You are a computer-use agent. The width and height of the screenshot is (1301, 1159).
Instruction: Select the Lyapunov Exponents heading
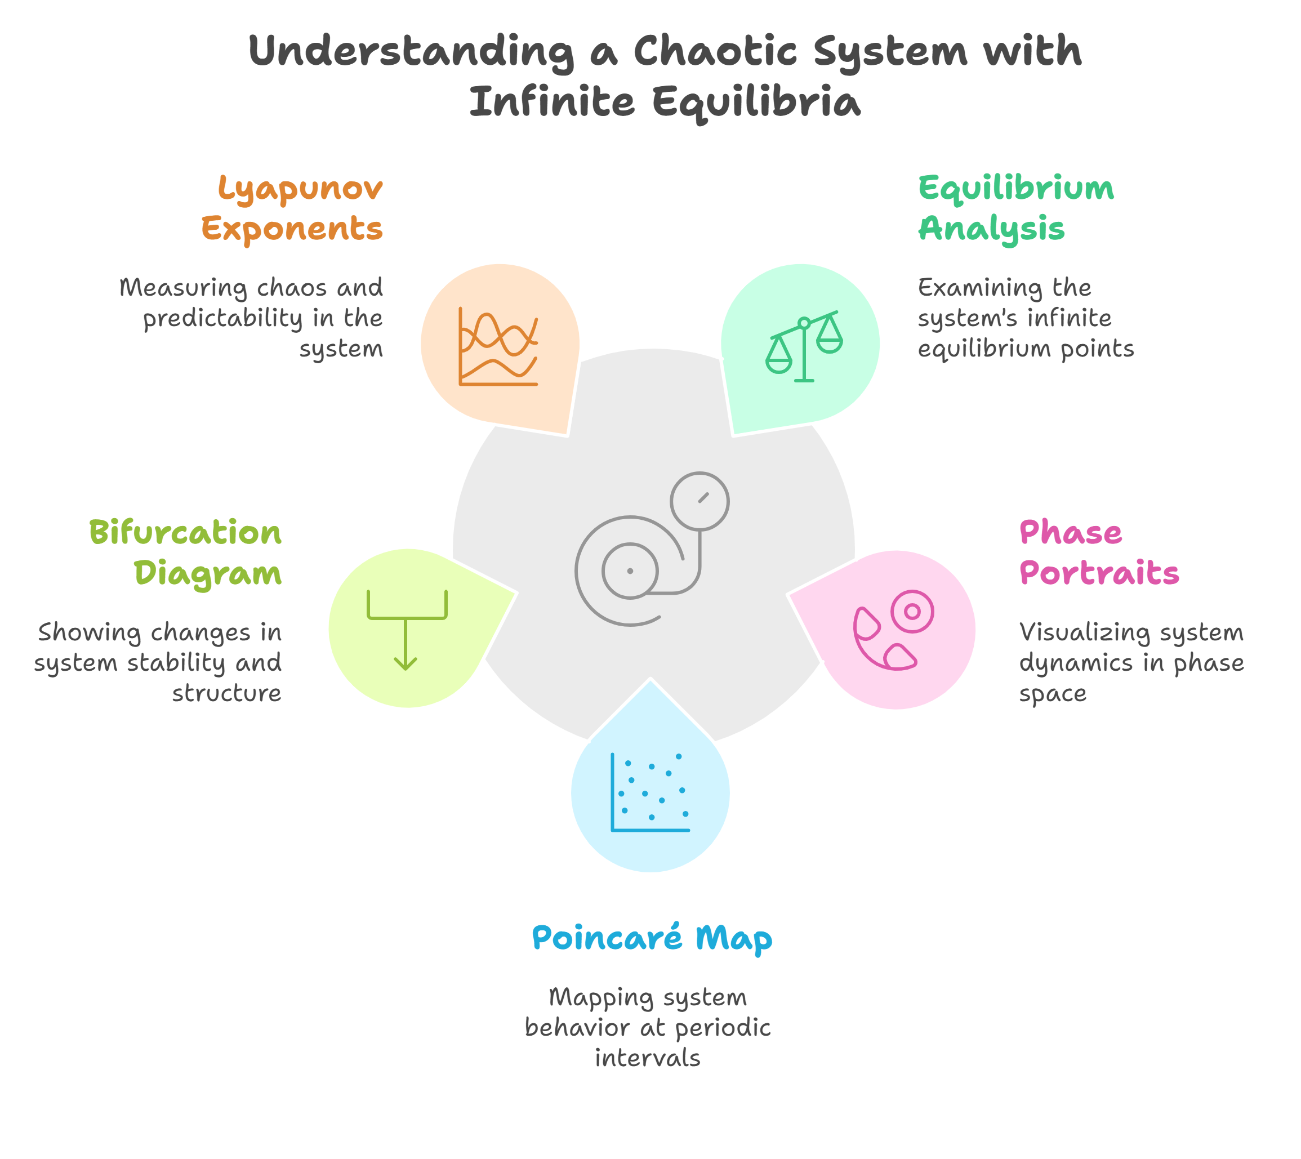coord(293,208)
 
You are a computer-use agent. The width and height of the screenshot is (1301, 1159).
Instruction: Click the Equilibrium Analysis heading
coord(1015,208)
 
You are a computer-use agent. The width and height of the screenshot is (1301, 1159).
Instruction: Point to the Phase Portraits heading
coord(1098,552)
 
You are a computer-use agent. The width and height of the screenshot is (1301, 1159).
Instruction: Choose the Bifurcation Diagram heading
coord(186,552)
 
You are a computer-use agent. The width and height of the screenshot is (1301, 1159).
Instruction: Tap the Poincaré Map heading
coord(652,938)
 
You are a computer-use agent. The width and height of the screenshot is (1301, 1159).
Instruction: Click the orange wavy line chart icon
coord(498,346)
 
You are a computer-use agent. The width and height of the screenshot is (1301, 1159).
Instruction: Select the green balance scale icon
coord(804,346)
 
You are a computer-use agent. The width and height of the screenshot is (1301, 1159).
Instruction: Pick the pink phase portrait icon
coord(893,630)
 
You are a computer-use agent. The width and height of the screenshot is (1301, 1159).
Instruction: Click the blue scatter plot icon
coord(649,792)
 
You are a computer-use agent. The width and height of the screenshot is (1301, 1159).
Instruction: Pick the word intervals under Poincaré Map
coord(647,1058)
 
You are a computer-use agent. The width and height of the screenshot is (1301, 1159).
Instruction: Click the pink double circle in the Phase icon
coord(912,612)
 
